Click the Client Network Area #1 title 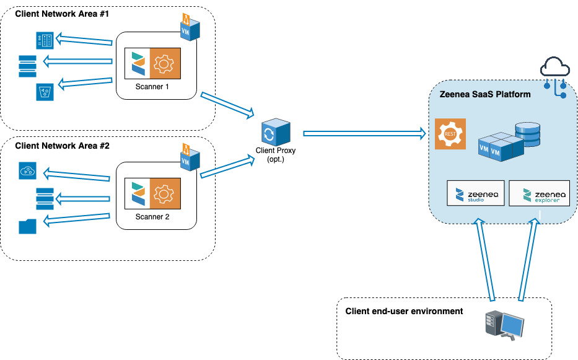[62, 14]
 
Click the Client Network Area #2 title [62, 146]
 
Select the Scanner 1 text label [152, 86]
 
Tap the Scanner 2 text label [152, 217]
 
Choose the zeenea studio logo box [476, 193]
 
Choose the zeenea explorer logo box [539, 193]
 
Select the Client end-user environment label [404, 310]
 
